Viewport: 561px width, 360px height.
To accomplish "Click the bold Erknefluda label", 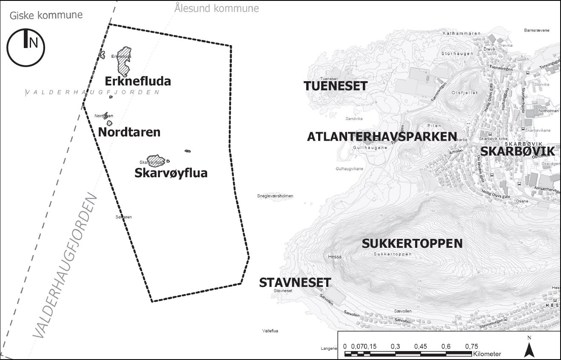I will [138, 81].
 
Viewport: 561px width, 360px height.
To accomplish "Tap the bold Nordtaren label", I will [129, 132].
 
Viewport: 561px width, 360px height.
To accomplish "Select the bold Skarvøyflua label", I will [171, 173].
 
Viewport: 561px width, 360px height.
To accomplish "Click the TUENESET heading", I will [336, 86].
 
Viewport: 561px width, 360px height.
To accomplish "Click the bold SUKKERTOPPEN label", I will [412, 244].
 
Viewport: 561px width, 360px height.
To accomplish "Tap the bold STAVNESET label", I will [295, 283].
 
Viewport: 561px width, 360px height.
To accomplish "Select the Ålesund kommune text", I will [216, 8].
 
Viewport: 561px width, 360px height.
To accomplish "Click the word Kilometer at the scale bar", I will [487, 354].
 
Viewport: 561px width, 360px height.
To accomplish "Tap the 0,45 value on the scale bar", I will [421, 346].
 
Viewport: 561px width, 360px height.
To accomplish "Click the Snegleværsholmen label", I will [275, 196].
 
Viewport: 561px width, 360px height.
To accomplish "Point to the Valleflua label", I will [270, 331].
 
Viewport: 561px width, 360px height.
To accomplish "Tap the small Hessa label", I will [335, 257].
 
